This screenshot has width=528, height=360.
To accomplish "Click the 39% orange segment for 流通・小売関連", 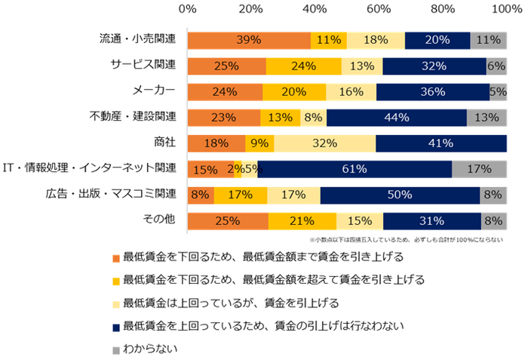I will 249,40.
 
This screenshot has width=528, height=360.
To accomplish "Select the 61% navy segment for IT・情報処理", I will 355,169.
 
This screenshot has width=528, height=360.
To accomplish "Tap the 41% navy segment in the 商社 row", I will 441,143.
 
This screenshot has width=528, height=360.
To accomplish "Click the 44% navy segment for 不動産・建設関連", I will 397,118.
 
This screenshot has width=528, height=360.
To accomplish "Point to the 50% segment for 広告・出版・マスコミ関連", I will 400,195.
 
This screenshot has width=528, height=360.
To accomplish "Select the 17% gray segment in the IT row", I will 479,169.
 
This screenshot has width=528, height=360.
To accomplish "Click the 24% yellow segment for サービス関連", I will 303,66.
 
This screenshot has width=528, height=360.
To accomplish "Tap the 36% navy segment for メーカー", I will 432,91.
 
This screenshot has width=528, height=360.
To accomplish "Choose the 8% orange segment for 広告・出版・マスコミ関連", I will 201,195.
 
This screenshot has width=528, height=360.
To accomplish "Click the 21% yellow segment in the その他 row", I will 302,220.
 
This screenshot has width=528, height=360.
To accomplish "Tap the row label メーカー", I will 155,91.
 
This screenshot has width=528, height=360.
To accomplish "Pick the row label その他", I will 159,220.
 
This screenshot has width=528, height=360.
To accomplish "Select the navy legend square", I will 115,327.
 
